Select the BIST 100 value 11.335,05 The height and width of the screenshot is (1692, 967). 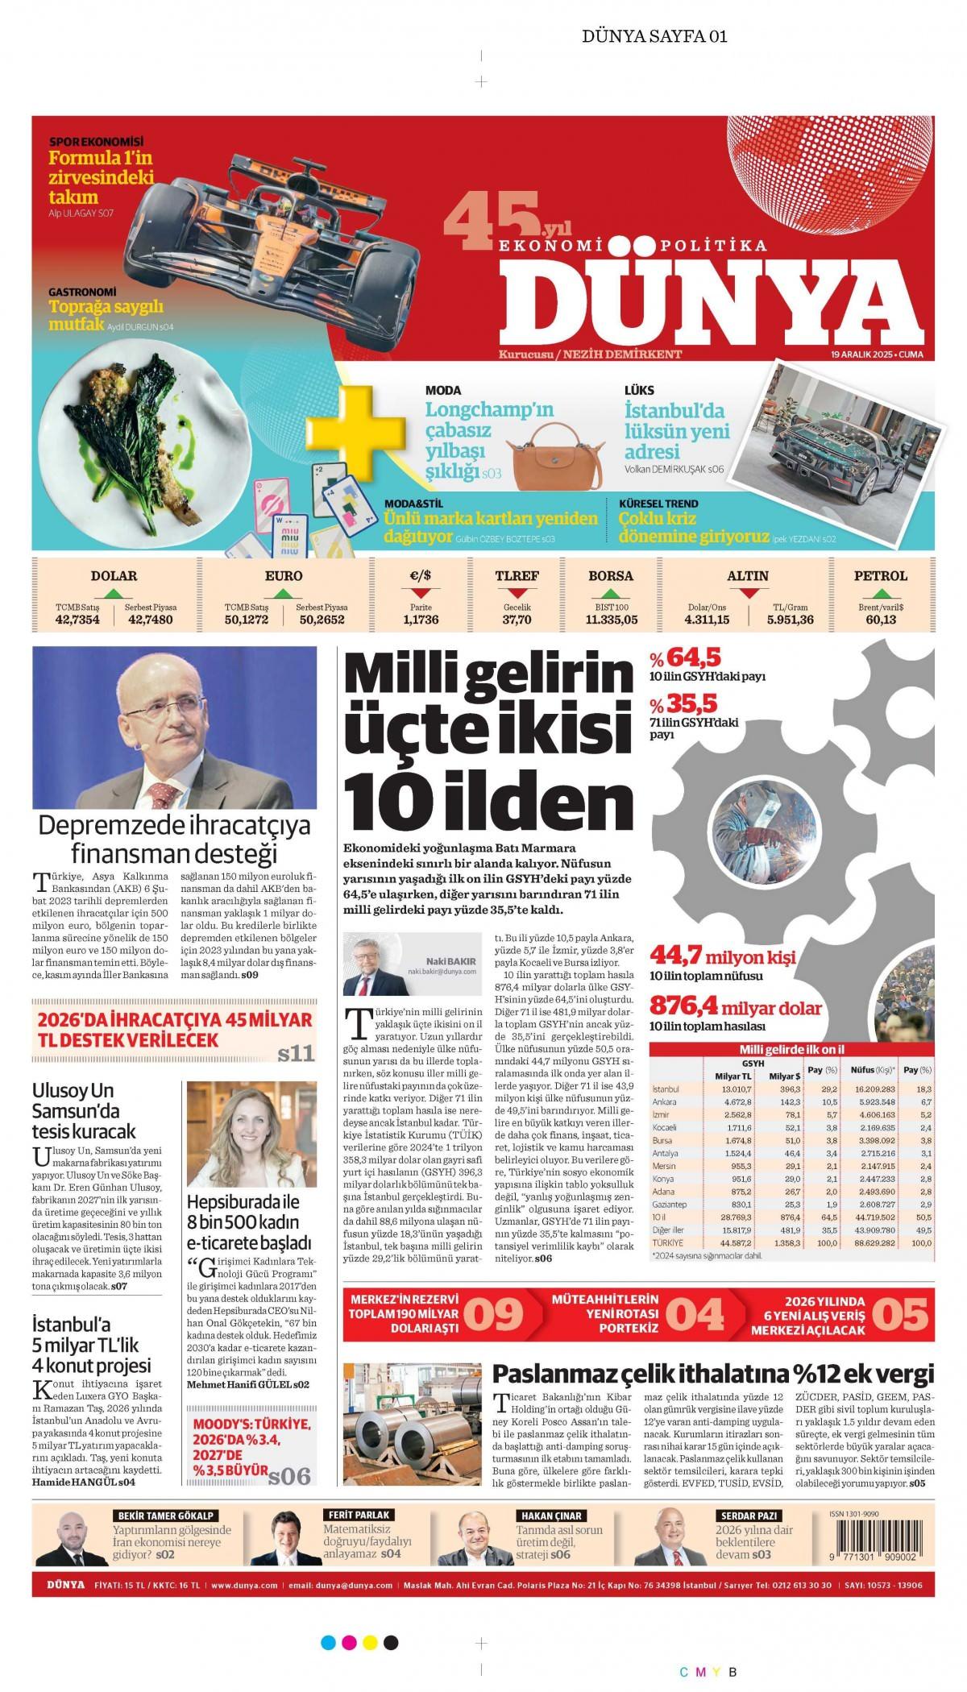tap(611, 620)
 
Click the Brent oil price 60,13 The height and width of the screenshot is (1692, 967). tap(880, 620)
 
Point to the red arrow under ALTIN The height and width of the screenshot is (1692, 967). tap(748, 593)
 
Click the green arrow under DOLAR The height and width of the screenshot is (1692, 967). tap(115, 593)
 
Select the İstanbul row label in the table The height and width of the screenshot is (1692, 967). tap(665, 1089)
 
